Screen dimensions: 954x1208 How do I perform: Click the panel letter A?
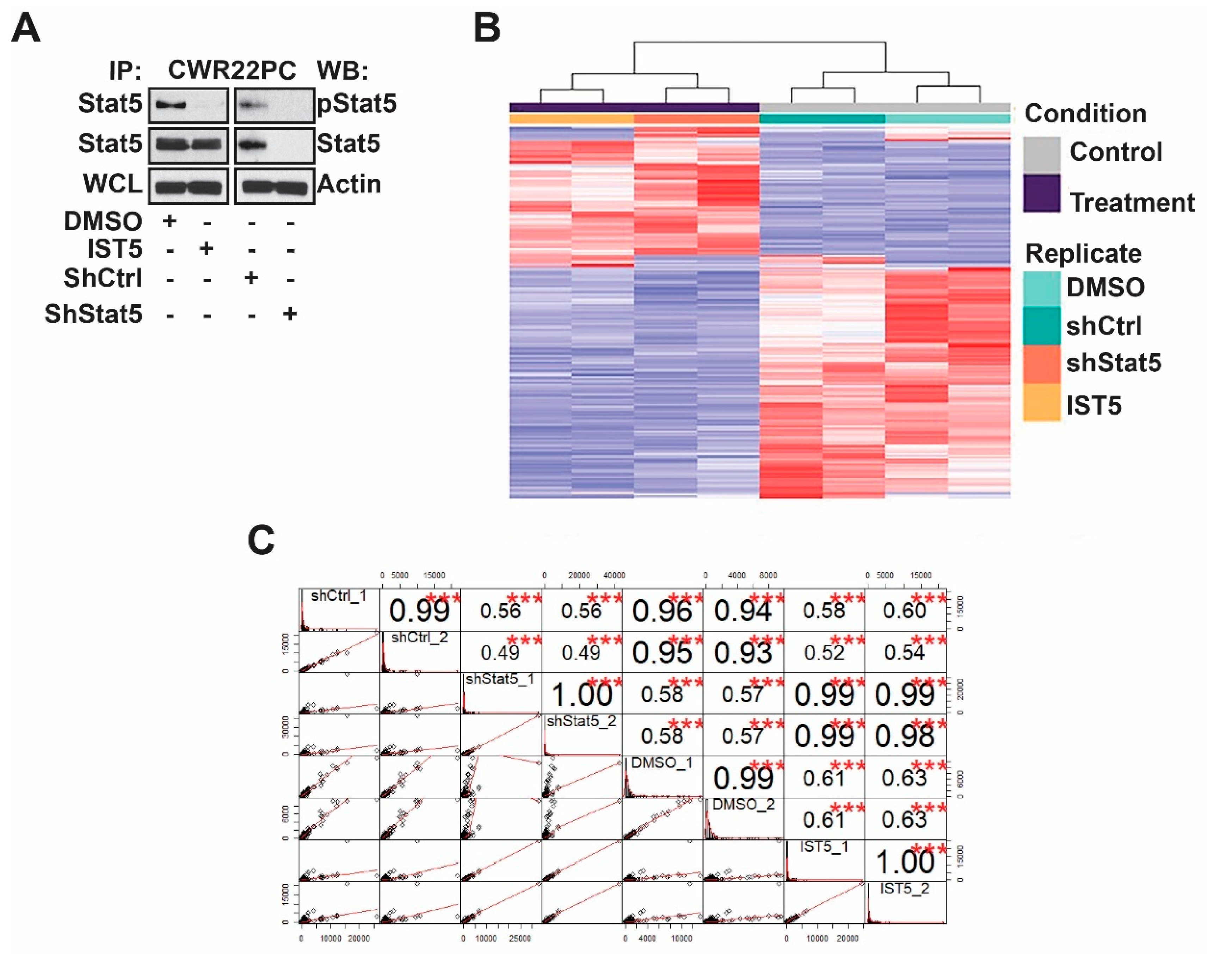point(26,29)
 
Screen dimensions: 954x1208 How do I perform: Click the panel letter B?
point(487,29)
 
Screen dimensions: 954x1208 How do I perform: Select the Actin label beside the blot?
point(349,184)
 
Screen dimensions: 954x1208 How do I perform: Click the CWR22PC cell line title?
point(232,71)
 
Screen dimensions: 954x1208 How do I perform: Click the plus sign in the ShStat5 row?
point(290,314)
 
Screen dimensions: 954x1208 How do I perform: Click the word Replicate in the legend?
point(1083,253)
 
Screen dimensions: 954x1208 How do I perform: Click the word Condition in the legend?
point(1085,114)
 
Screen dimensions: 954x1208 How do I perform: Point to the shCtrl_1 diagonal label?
point(338,596)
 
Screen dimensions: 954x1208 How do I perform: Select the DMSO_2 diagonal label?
point(744,804)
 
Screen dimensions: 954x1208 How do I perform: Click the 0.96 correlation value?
point(662,611)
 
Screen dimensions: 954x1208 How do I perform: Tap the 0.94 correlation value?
point(743,611)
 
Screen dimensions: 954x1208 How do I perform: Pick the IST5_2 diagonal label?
point(904,888)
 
